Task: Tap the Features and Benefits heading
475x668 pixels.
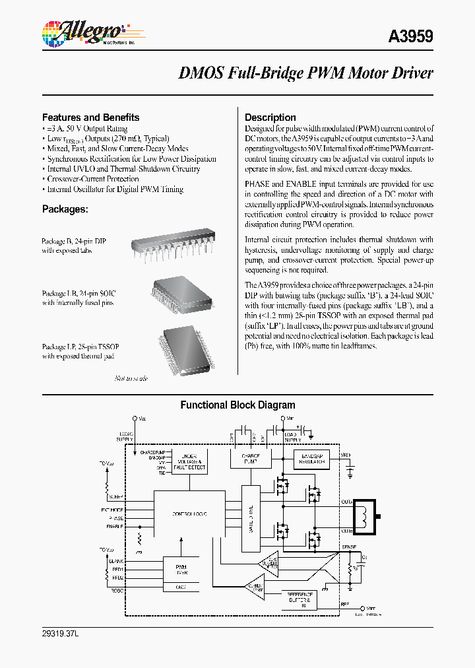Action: coord(90,117)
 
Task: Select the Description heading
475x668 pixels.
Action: coord(270,117)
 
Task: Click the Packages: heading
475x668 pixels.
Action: coord(65,209)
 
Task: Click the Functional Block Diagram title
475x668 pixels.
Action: coord(237,405)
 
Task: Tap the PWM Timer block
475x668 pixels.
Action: coord(181,570)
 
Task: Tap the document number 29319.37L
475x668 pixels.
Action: coord(60,634)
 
